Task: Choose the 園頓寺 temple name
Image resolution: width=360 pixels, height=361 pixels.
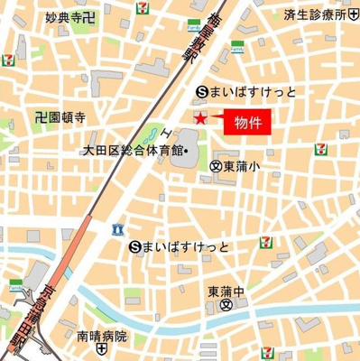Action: (69, 116)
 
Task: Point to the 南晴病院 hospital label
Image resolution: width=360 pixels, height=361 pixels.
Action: (102, 336)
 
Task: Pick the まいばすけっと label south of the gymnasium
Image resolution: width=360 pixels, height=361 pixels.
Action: (187, 246)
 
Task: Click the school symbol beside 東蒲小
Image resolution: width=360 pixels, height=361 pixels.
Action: (215, 166)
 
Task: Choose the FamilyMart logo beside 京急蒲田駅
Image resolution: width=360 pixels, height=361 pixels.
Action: (15, 287)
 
